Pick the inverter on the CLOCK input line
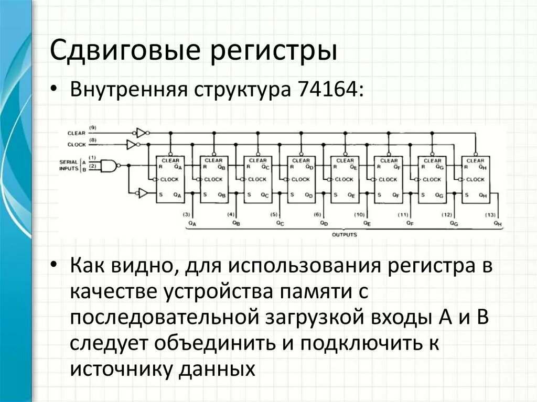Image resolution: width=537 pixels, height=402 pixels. pos(133,144)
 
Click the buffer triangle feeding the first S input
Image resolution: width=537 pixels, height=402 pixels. pos(141,193)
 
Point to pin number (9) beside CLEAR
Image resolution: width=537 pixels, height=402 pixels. pos(93,128)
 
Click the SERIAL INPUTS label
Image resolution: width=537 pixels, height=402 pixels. pos(69,165)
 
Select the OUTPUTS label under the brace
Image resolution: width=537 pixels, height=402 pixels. pos(344,234)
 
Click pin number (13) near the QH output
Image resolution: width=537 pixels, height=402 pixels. pos(490,215)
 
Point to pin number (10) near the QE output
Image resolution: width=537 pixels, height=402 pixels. pos(359,215)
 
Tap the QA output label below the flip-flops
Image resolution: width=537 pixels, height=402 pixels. pos(192,224)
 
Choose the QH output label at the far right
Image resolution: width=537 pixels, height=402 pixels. pos(497,224)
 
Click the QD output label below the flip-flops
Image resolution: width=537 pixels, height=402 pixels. pos(323,224)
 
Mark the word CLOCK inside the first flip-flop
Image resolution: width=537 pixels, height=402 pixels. pos(169,179)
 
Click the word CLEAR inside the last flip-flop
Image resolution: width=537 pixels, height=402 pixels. pos(476,160)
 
